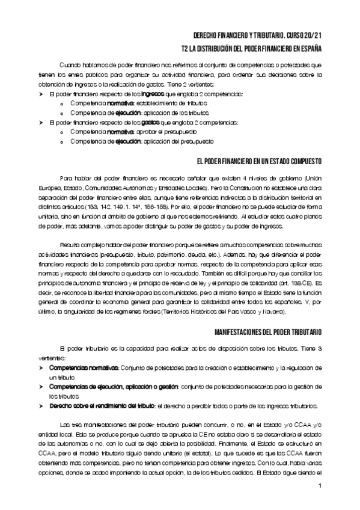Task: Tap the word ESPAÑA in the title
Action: pos(310,47)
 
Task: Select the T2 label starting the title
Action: pos(185,47)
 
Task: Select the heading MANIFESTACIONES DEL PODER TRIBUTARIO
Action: pos(268,332)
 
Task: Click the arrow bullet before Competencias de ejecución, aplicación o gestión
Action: pos(41,386)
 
